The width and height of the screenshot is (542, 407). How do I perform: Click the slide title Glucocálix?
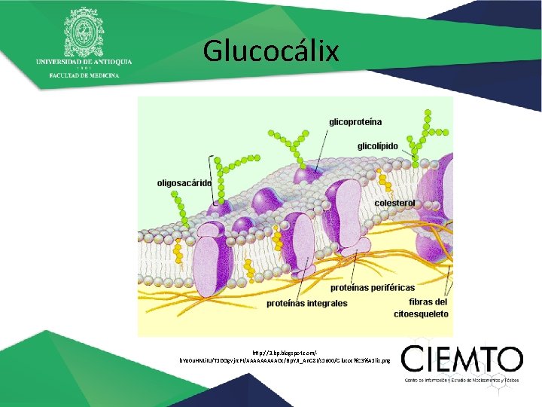point(271,51)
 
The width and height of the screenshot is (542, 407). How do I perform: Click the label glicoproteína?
point(355,121)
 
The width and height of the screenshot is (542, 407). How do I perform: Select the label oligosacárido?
point(184,182)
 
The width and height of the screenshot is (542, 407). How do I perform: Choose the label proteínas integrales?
point(307,303)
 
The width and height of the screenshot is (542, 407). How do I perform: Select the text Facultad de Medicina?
point(84,76)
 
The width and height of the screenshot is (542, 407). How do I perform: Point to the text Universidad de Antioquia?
point(84,61)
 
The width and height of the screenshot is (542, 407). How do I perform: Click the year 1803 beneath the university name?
point(84,69)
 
